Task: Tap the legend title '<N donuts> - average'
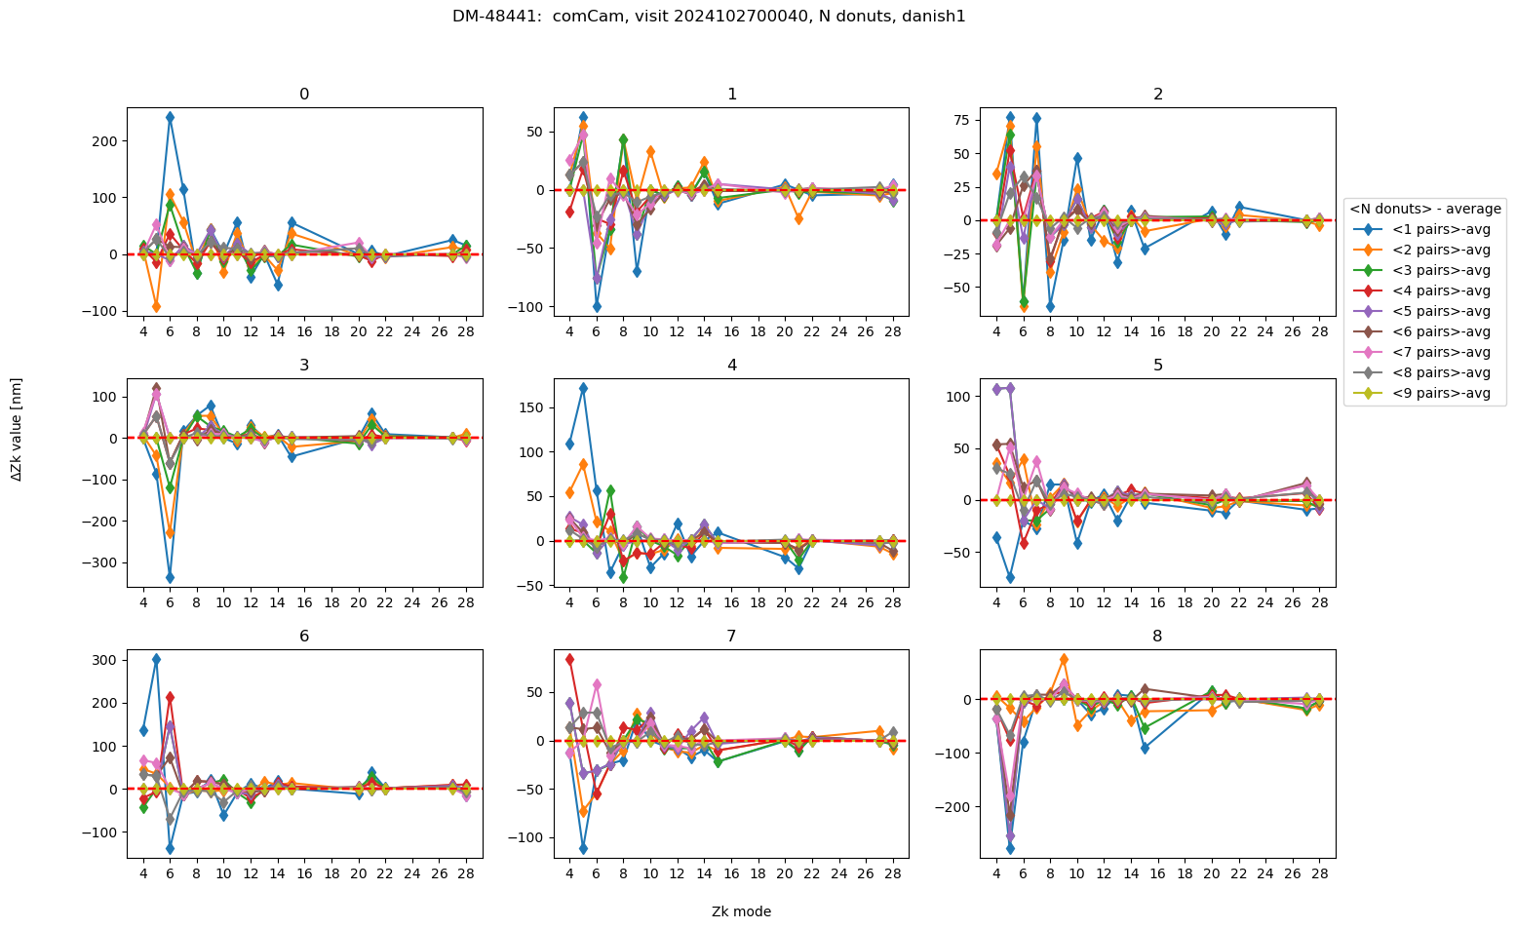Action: pyautogui.click(x=1424, y=209)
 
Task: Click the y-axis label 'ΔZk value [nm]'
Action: pyautogui.click(x=17, y=430)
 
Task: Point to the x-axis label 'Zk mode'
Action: pyautogui.click(x=741, y=912)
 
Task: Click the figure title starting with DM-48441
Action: pyautogui.click(x=709, y=17)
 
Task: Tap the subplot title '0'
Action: pyautogui.click(x=304, y=95)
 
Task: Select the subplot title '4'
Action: pyautogui.click(x=731, y=366)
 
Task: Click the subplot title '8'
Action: pyautogui.click(x=1157, y=637)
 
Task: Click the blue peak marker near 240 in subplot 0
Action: pyautogui.click(x=170, y=117)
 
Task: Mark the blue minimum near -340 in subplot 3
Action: pyautogui.click(x=170, y=578)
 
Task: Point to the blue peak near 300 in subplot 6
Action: pyautogui.click(x=156, y=659)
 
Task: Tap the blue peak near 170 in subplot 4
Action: pyautogui.click(x=583, y=388)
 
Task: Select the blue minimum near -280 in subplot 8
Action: pyautogui.click(x=1010, y=849)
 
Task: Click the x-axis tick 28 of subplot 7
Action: pyautogui.click(x=892, y=872)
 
